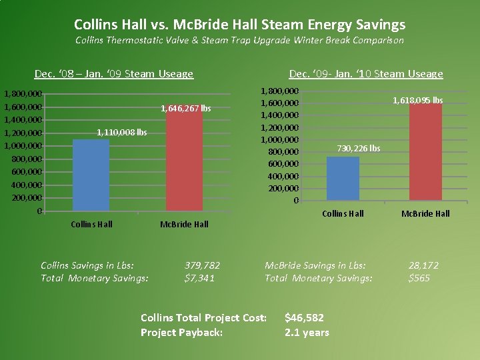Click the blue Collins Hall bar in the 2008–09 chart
(x=91, y=175)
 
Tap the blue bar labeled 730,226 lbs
(x=343, y=179)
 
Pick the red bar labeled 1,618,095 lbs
(x=425, y=152)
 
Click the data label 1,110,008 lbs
(x=122, y=133)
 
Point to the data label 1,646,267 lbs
(x=186, y=108)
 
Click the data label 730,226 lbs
(x=359, y=148)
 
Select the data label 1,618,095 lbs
(x=418, y=100)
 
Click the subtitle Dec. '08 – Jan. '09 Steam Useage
(x=114, y=74)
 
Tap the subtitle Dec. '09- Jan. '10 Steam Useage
(x=365, y=74)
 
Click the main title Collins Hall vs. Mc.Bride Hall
(x=239, y=25)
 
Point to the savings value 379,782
(x=202, y=265)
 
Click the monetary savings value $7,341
(x=199, y=278)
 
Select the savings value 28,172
(x=423, y=265)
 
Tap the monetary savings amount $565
(x=419, y=278)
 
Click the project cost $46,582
(x=305, y=318)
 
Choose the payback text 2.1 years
(x=307, y=332)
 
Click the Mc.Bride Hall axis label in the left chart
(x=184, y=224)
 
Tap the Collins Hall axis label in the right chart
(x=343, y=213)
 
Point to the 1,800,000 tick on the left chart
(x=23, y=94)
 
